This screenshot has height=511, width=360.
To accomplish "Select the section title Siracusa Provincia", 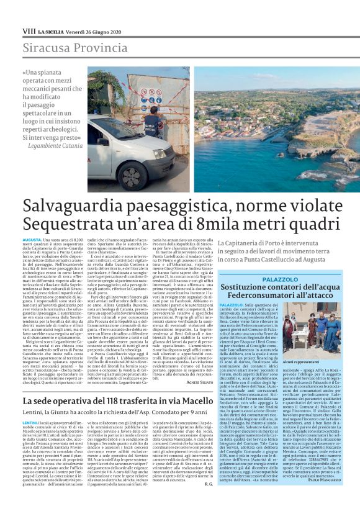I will point(66,48).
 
